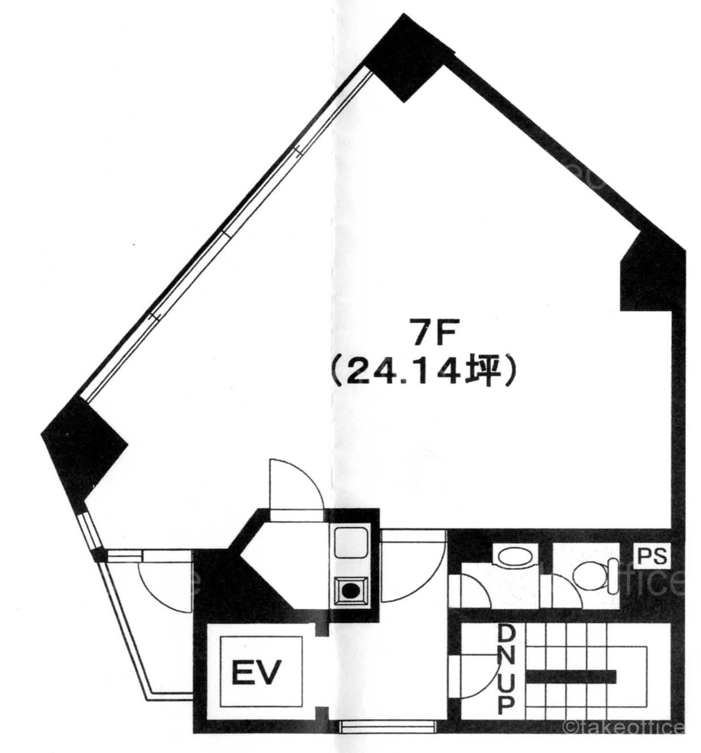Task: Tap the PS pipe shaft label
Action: pyautogui.click(x=652, y=556)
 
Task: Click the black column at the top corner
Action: pyautogui.click(x=410, y=58)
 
